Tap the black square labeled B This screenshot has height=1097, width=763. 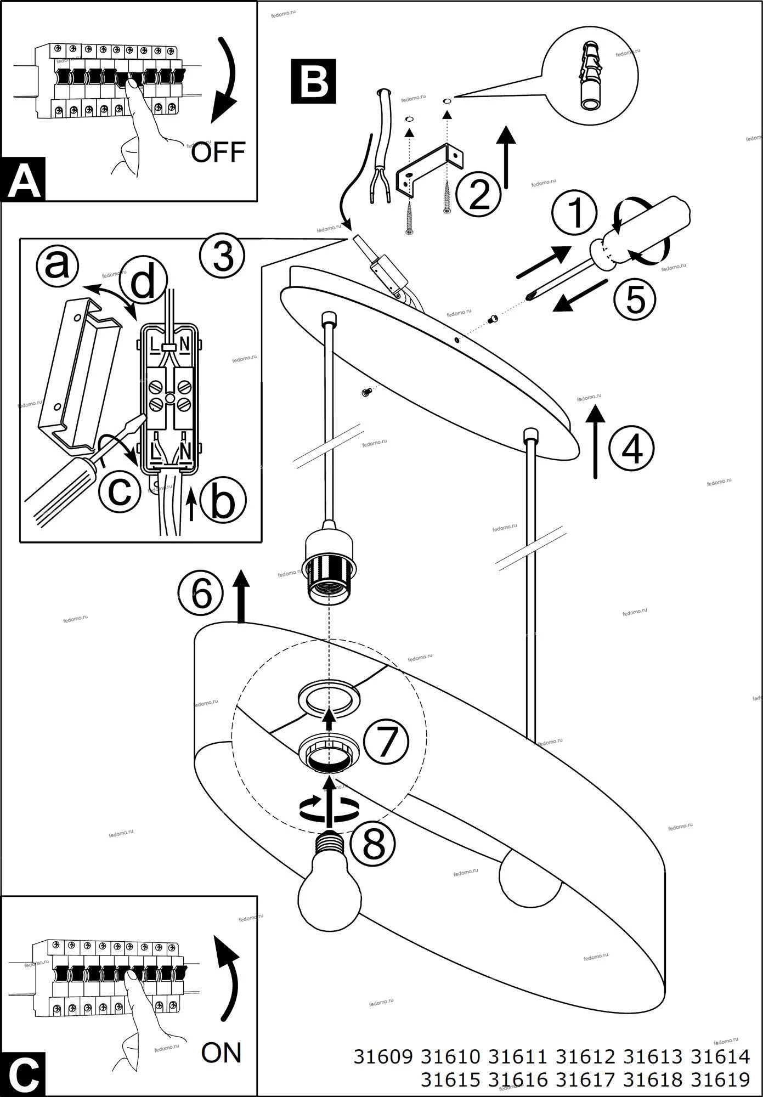(x=313, y=82)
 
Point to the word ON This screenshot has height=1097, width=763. (x=221, y=1052)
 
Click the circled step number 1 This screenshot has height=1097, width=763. (x=574, y=214)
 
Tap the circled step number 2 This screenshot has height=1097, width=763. (x=479, y=195)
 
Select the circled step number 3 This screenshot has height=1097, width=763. (x=222, y=257)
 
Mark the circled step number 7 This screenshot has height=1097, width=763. (x=386, y=742)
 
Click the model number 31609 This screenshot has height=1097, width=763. (x=382, y=1056)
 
